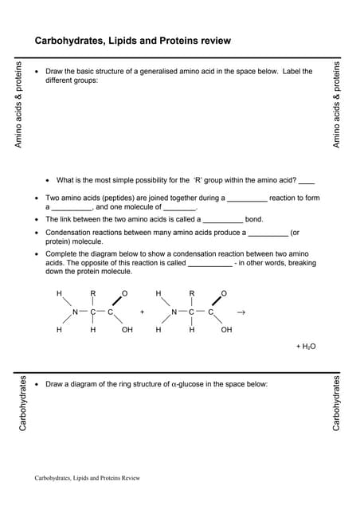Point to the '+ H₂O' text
pos(306,347)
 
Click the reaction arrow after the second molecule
pos(241,312)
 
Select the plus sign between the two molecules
pos(142,312)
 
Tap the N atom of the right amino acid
pos(174,312)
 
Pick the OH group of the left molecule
pos(127,330)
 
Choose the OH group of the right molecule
pos(226,330)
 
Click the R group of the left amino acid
pos(93,294)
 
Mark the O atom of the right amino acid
pos(225,294)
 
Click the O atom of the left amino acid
pos(125,294)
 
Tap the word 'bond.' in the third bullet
pos(254,219)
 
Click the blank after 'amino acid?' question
pos(307,181)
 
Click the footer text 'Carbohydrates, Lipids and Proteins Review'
pos(88,478)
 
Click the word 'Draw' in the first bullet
pos(55,71)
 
